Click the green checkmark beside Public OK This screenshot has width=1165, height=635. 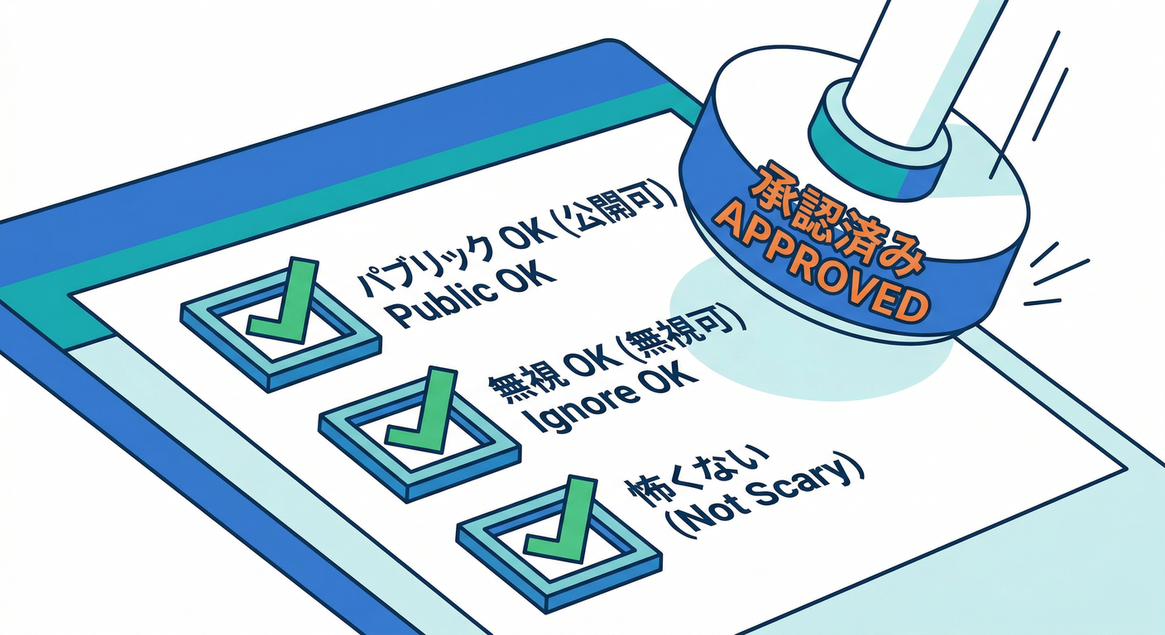[285, 302]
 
